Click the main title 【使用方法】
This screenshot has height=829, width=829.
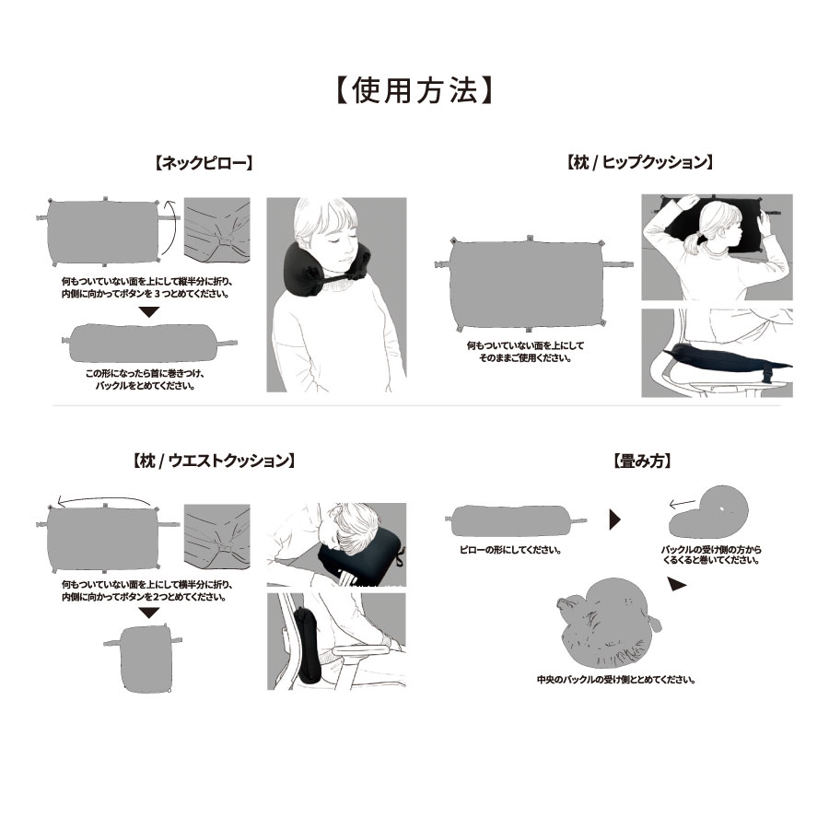[x=414, y=90]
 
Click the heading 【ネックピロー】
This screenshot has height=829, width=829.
[x=204, y=163]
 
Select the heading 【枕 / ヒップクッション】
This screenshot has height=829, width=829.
[x=640, y=162]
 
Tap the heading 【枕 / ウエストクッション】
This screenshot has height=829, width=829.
[x=213, y=461]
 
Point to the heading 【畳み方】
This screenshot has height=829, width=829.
[x=642, y=461]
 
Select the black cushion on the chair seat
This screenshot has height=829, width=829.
[x=724, y=359]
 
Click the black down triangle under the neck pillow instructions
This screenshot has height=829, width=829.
[x=149, y=311]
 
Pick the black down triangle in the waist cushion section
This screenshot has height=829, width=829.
[x=149, y=613]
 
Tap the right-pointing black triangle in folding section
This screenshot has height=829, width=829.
[x=615, y=520]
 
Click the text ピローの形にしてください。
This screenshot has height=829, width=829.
[x=510, y=550]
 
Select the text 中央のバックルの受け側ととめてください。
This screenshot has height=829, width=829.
[x=616, y=680]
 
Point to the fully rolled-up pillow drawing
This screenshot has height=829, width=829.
[x=608, y=624]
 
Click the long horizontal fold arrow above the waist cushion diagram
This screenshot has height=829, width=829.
[x=104, y=499]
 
